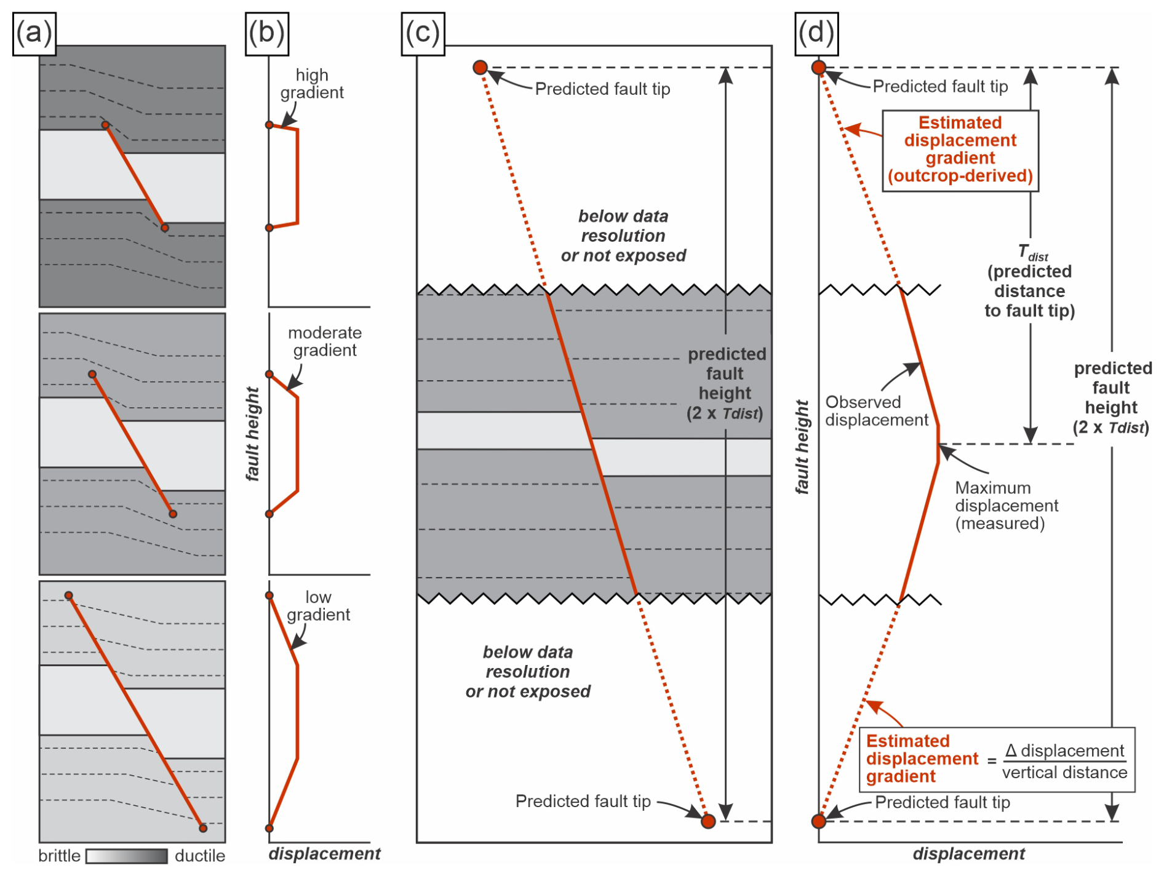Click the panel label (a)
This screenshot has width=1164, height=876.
[34, 33]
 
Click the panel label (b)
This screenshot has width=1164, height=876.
[266, 33]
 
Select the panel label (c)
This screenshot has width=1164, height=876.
[423, 33]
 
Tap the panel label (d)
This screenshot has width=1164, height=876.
[816, 33]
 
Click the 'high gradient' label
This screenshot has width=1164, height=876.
[312, 84]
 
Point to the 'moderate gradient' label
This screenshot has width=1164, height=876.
[324, 341]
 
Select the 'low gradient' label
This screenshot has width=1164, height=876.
[318, 606]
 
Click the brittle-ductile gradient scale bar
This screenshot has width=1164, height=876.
[127, 856]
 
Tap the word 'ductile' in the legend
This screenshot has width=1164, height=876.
[200, 856]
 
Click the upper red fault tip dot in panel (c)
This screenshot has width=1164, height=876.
[480, 68]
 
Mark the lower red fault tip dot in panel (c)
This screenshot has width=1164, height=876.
[708, 821]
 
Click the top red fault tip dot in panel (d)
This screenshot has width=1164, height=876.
[819, 68]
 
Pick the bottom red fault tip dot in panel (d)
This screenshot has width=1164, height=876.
[819, 821]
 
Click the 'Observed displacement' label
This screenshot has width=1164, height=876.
[876, 411]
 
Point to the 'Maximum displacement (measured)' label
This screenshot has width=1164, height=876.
[1006, 506]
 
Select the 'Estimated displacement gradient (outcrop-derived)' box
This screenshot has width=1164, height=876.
[960, 150]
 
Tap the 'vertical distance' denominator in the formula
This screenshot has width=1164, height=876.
[1064, 773]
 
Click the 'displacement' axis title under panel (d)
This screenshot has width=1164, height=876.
[968, 854]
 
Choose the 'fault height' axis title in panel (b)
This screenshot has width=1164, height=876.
[252, 434]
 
